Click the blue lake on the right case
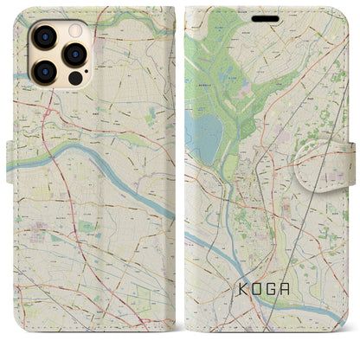pos(204,135)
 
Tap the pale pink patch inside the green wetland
pos(240,86)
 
